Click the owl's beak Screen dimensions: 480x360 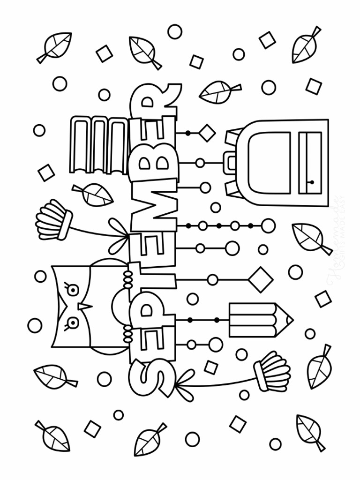point(84,307)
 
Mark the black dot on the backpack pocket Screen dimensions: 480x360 point(311,182)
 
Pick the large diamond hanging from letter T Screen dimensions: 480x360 point(261,279)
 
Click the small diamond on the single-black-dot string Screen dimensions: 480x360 point(206,133)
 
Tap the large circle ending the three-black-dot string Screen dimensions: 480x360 point(268,226)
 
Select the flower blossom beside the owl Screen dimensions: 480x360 point(52,219)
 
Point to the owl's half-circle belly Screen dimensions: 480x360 point(119,307)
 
